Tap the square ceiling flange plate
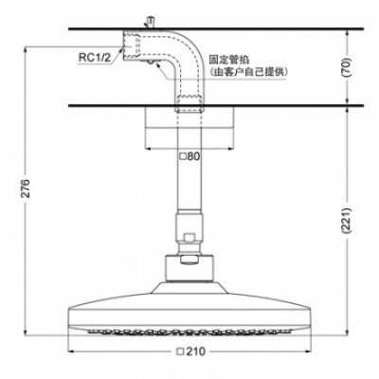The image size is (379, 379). pyautogui.click(x=189, y=126)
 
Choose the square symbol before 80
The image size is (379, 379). pyautogui.click(x=181, y=155)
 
